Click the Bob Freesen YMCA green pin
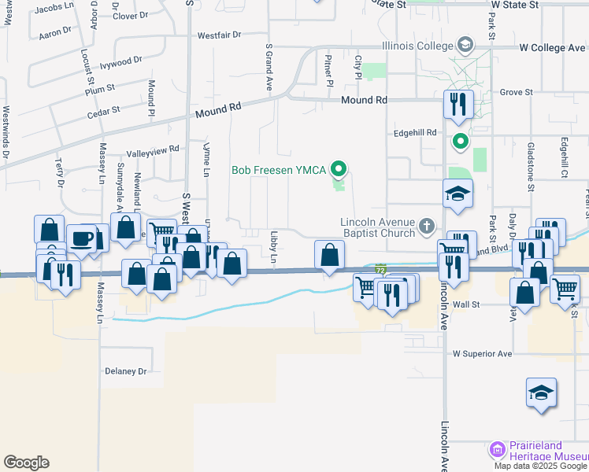pos(339,168)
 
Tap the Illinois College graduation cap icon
pos(466,44)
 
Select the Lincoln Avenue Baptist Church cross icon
pos(427,227)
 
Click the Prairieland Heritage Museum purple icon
pos(497,449)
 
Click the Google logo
pos(26,463)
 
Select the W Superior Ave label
pos(482,354)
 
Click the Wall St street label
pos(466,304)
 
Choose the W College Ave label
pos(552,48)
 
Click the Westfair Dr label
pos(218,35)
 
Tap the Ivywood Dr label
pos(121,60)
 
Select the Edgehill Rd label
pos(415,133)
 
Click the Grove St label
pos(517,93)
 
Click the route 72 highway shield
pos(381,270)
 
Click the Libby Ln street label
pos(274,248)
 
